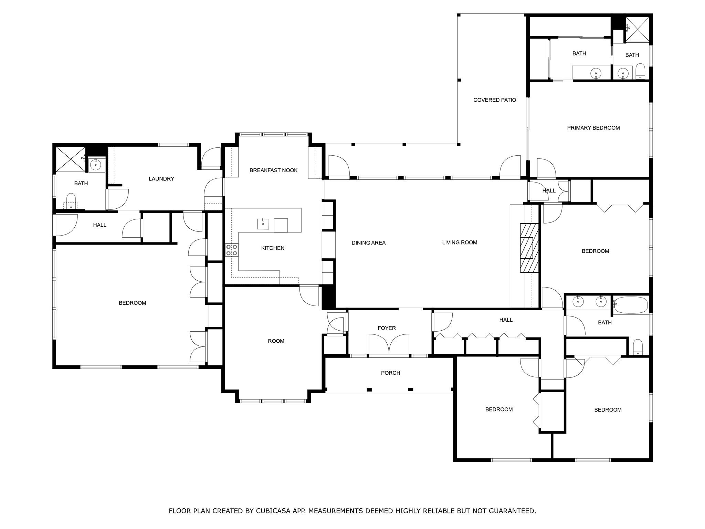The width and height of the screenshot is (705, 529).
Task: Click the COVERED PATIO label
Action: pos(494,100)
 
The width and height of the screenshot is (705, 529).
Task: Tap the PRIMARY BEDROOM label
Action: pos(593,128)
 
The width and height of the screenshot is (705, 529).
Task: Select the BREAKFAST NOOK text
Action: pos(273,170)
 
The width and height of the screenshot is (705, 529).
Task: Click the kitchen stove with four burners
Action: pos(231,250)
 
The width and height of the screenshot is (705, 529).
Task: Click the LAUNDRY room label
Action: pos(161,179)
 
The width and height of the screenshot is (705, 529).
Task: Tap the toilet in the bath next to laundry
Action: pos(71,200)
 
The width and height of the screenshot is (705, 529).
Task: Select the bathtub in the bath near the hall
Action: pos(631,305)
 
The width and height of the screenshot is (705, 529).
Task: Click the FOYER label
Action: pos(387,328)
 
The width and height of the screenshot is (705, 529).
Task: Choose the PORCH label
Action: pos(390,373)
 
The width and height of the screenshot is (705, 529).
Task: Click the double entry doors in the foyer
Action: pos(389,344)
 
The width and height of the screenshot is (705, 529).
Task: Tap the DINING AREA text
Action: pos(368,243)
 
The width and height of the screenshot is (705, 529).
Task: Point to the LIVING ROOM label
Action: pos(460,242)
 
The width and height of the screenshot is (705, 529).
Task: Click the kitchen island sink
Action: pos(263,224)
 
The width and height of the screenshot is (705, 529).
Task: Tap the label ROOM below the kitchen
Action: pos(276,341)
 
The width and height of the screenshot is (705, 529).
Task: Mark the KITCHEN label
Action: pos(273,248)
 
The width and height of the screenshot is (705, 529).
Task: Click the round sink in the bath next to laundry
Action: pos(95,165)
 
